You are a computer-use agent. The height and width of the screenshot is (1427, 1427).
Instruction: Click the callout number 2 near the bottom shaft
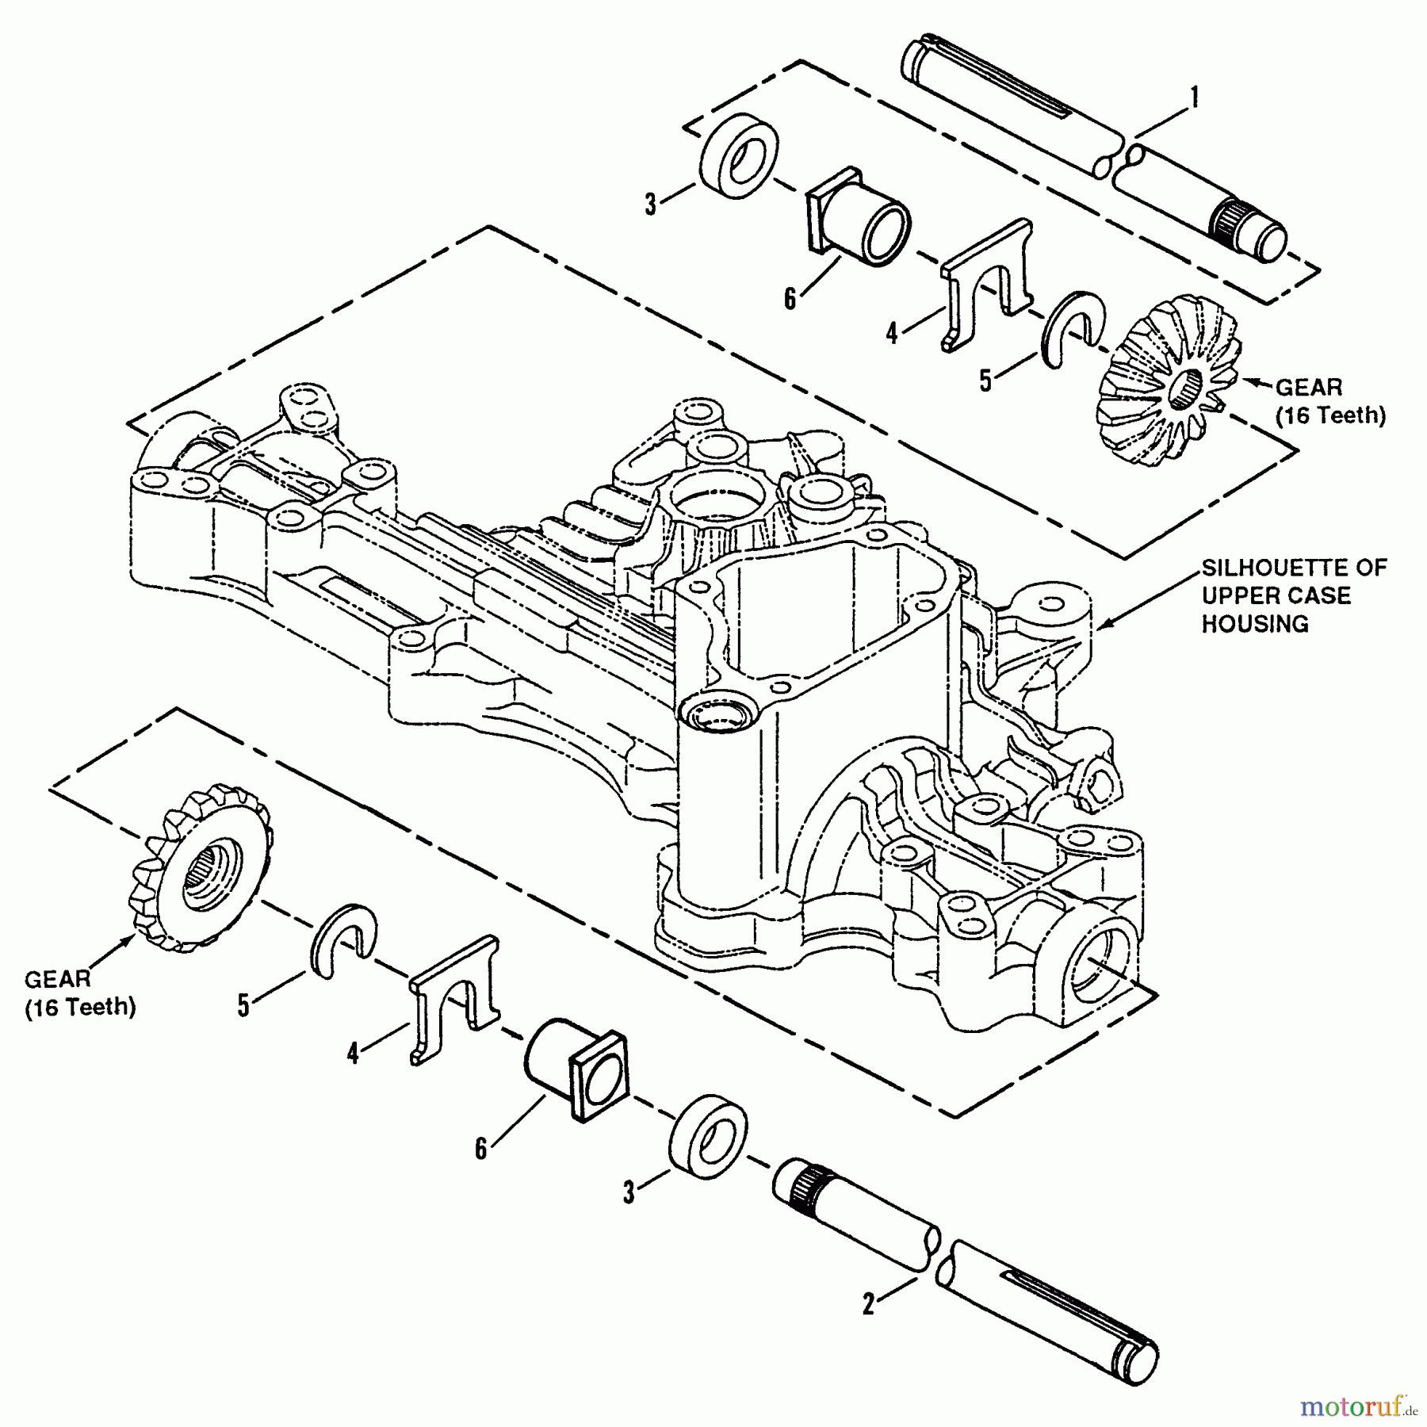pyautogui.click(x=868, y=1304)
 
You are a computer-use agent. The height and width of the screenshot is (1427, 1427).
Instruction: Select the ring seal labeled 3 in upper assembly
pyautogui.click(x=739, y=165)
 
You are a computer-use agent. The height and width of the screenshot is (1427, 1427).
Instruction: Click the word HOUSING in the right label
pyautogui.click(x=1255, y=624)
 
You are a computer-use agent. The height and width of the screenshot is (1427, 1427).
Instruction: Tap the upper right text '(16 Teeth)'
pyautogui.click(x=1330, y=415)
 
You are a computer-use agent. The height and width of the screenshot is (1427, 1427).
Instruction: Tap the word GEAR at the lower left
pyautogui.click(x=58, y=980)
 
